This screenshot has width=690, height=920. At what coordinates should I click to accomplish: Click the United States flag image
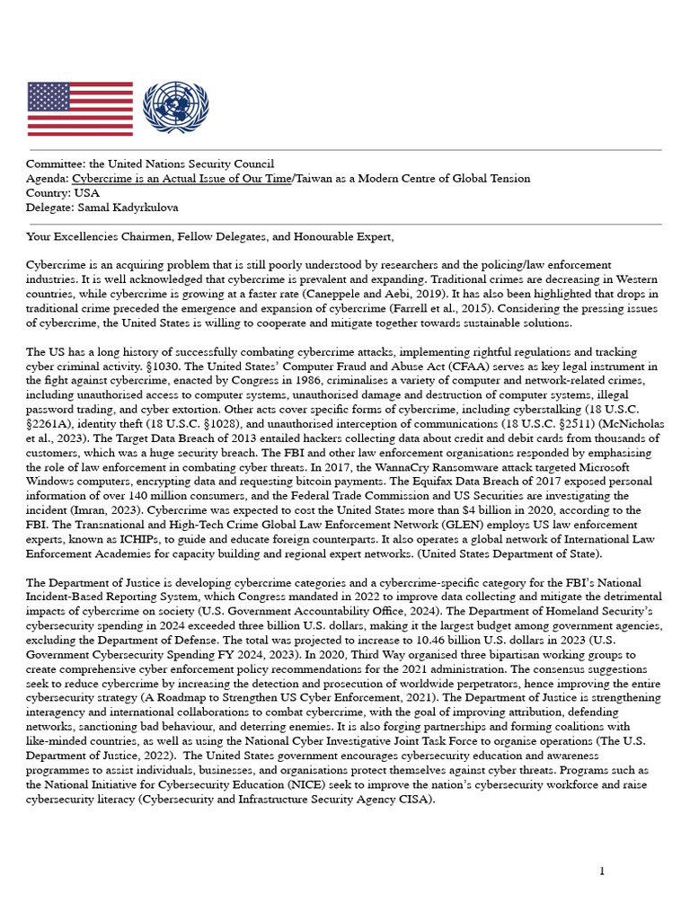(x=80, y=109)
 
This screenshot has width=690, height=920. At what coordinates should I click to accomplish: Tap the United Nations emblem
(x=175, y=108)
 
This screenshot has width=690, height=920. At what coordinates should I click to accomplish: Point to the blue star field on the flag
(x=49, y=96)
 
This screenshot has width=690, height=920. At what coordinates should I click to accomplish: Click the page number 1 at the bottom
(x=602, y=871)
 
